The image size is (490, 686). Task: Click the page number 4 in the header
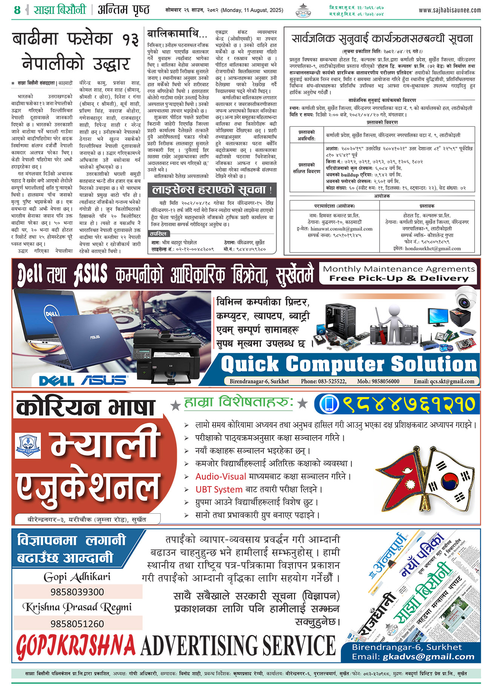[x=17, y=9]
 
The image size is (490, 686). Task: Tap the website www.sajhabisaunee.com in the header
[x=450, y=10]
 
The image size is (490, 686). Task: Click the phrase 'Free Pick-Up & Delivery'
[x=399, y=278]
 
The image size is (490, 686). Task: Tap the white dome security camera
[x=466, y=298]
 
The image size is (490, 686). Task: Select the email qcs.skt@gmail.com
[x=444, y=381]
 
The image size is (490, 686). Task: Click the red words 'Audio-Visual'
[x=220, y=476]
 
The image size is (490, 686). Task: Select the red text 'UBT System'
[x=219, y=490]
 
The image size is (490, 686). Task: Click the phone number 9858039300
[x=77, y=592]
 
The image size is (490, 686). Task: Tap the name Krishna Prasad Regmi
[x=77, y=607]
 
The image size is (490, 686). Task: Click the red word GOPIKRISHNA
[x=75, y=645]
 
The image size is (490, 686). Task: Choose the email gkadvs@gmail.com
[x=428, y=657]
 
